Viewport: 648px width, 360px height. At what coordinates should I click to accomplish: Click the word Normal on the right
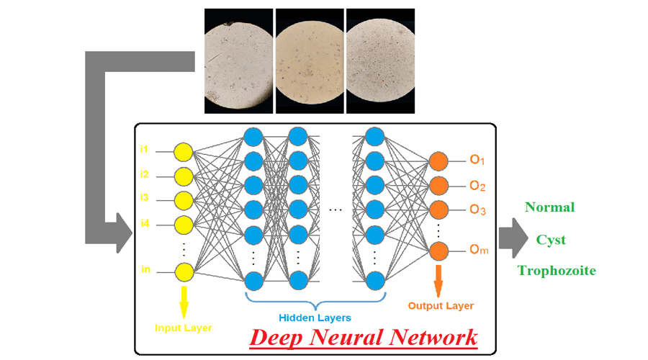(x=549, y=207)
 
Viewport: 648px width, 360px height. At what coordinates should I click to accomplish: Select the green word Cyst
(x=551, y=240)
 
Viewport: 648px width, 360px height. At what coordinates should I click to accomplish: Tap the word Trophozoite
(x=557, y=271)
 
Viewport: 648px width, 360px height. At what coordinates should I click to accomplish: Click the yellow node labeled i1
(x=184, y=152)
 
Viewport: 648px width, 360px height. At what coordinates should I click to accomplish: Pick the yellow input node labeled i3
(x=184, y=199)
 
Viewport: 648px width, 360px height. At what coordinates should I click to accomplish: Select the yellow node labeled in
(x=184, y=271)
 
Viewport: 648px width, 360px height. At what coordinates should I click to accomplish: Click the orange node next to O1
(x=439, y=161)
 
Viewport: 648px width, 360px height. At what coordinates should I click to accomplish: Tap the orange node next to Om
(x=439, y=251)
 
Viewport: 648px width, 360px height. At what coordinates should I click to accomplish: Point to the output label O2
(x=477, y=186)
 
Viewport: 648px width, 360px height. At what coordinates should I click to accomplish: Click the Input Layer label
(x=183, y=328)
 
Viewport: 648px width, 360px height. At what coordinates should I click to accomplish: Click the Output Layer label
(x=441, y=306)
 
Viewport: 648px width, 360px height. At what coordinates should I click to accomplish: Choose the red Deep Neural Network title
(x=363, y=337)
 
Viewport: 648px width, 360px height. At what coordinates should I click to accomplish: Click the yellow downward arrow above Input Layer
(x=184, y=300)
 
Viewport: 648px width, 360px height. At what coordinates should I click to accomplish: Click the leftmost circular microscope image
(x=238, y=60)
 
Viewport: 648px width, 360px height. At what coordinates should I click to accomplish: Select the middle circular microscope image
(x=310, y=60)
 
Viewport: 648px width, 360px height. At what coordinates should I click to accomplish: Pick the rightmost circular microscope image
(x=380, y=60)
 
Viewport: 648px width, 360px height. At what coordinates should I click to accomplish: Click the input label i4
(x=145, y=224)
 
